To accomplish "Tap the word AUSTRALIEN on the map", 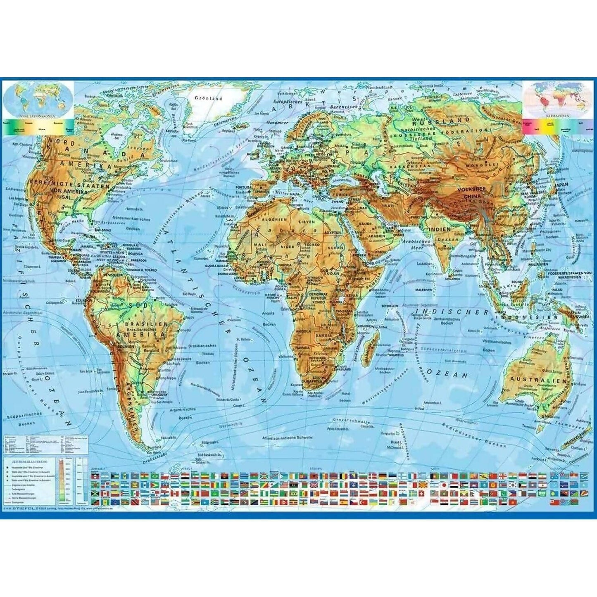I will (x=531, y=380).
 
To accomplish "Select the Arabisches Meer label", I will (x=419, y=244).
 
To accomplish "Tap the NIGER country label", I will (x=288, y=247).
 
